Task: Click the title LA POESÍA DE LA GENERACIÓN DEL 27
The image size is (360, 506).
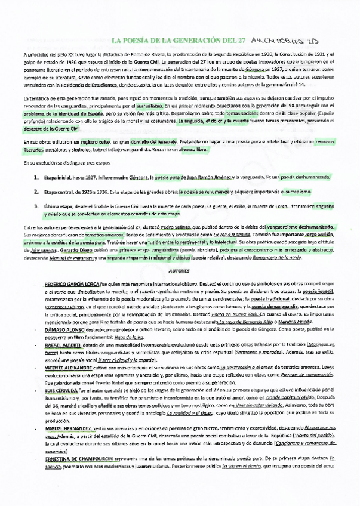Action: [x=179, y=40]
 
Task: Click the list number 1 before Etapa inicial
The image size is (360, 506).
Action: [x=36, y=178]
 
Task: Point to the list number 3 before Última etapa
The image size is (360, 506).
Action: [x=36, y=206]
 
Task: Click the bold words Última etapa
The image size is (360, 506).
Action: [x=57, y=206]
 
